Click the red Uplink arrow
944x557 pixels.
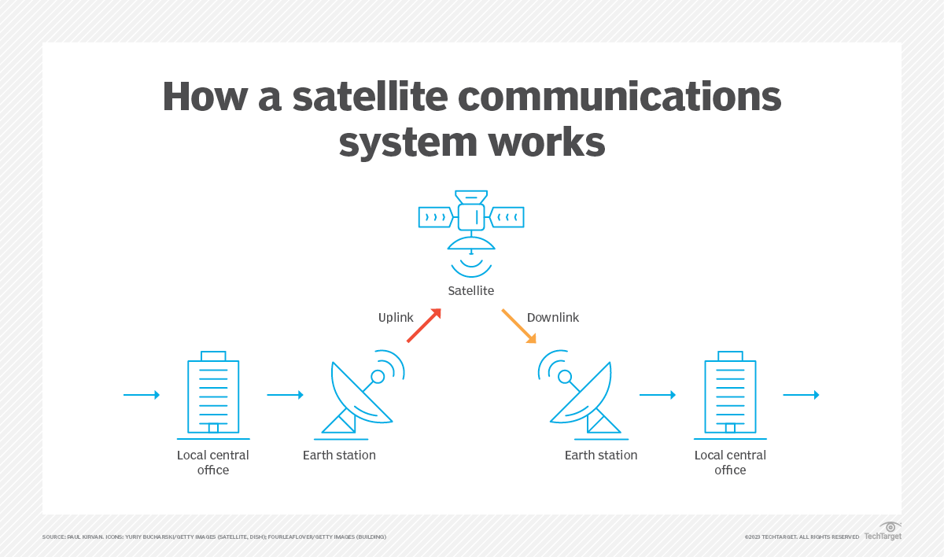tap(423, 326)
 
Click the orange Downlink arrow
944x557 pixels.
tap(519, 326)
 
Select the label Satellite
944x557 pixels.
tap(471, 291)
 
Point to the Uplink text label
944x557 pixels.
tap(396, 318)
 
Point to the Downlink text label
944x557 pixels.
tap(553, 318)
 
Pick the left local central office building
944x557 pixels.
tap(213, 395)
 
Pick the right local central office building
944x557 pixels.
tap(730, 395)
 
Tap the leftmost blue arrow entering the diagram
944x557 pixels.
tap(142, 395)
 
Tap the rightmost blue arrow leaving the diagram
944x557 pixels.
tap(801, 395)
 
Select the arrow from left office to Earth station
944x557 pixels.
tap(285, 395)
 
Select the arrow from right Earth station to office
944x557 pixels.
tap(658, 395)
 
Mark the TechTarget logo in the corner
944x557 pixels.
tap(883, 531)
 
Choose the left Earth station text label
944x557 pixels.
tap(339, 456)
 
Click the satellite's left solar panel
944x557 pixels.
tap(436, 216)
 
